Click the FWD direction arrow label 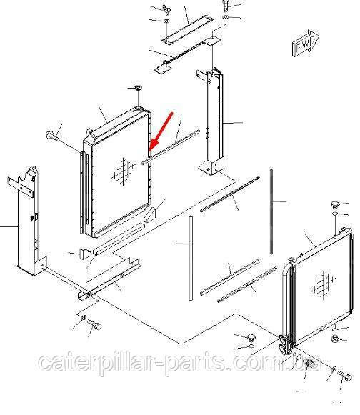[306, 44]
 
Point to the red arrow [161, 132]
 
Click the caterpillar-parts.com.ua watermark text [180, 362]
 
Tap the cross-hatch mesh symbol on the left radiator [124, 171]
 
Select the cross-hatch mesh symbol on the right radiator [324, 285]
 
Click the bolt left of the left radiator [52, 135]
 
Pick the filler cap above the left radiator [138, 88]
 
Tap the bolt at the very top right [225, 6]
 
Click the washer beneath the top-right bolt [226, 17]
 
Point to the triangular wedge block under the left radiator [150, 215]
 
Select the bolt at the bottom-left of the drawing [94, 324]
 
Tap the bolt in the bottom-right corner [344, 375]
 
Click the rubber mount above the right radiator [335, 204]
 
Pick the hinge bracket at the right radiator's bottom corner [285, 345]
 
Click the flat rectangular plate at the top [187, 29]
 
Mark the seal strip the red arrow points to [171, 147]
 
